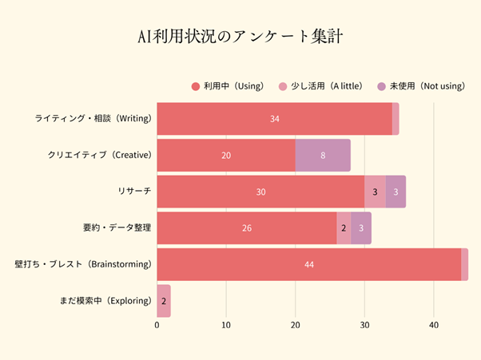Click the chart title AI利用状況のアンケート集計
(240, 38)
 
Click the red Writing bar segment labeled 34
(274, 119)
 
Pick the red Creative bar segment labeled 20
(226, 155)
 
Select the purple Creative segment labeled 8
(323, 155)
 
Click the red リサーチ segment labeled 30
(260, 192)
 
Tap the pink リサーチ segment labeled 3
(375, 192)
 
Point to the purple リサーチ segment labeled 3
(396, 192)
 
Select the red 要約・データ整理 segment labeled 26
(247, 228)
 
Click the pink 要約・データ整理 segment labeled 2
(344, 228)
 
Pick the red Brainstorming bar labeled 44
(308, 264)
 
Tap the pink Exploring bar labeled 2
(164, 301)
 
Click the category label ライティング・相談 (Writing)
(93, 119)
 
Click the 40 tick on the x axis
(434, 326)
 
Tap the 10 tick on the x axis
(226, 326)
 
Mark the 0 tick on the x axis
(157, 326)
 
